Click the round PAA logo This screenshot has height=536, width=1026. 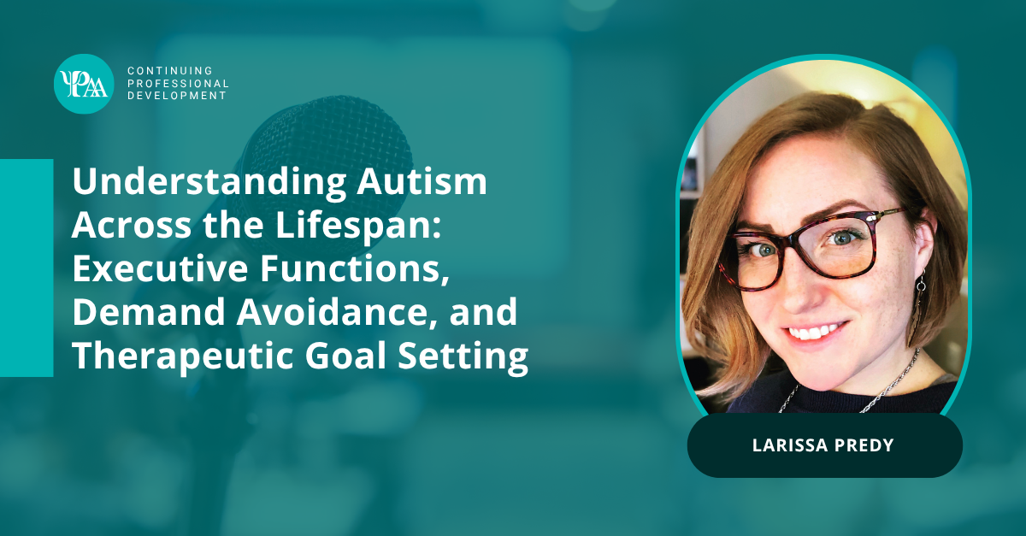pyautogui.click(x=84, y=84)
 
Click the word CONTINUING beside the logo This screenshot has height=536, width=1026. pyautogui.click(x=170, y=71)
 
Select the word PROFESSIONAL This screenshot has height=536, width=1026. pyautogui.click(x=178, y=84)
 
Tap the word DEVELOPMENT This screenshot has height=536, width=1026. pyautogui.click(x=177, y=96)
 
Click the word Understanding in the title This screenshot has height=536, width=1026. pyautogui.click(x=209, y=183)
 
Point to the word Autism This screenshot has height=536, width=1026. pyautogui.click(x=422, y=182)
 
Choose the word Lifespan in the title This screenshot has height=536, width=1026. pyautogui.click(x=358, y=227)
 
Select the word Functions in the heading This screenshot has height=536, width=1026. pyautogui.click(x=354, y=269)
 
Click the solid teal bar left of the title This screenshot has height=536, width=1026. pyautogui.click(x=27, y=268)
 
